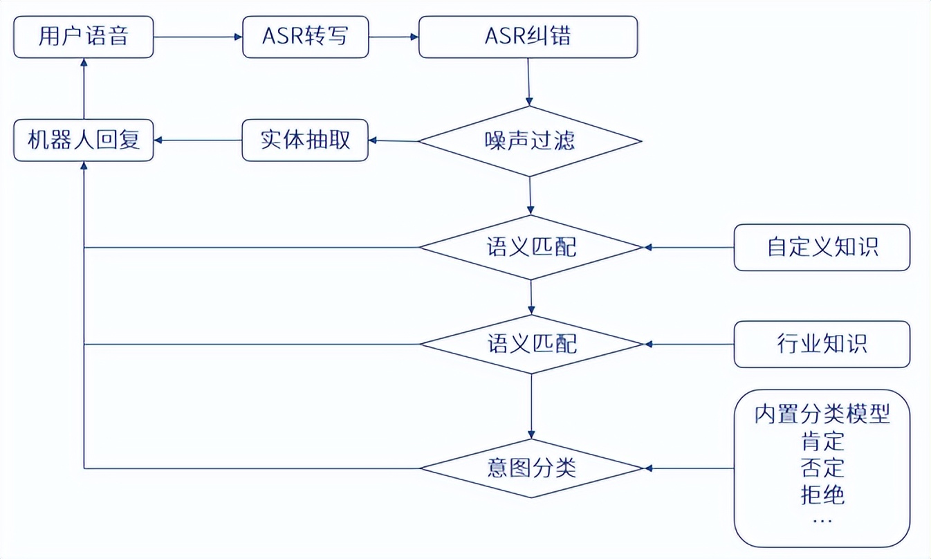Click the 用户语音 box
[84, 37]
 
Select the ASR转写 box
[305, 37]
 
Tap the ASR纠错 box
[528, 37]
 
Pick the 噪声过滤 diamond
[530, 141]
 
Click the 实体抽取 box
[305, 140]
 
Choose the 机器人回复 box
[84, 140]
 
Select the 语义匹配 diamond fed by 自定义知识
[531, 247]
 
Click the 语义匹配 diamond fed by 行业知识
[531, 343]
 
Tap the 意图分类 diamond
[531, 468]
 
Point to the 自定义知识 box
[822, 247]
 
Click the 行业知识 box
[822, 344]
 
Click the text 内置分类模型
[822, 414]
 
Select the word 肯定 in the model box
[822, 441]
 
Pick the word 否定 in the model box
[822, 468]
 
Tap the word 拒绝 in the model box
[822, 495]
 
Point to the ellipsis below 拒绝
[822, 519]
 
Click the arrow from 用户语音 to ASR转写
[198, 37]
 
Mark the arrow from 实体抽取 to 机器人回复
[198, 140]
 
